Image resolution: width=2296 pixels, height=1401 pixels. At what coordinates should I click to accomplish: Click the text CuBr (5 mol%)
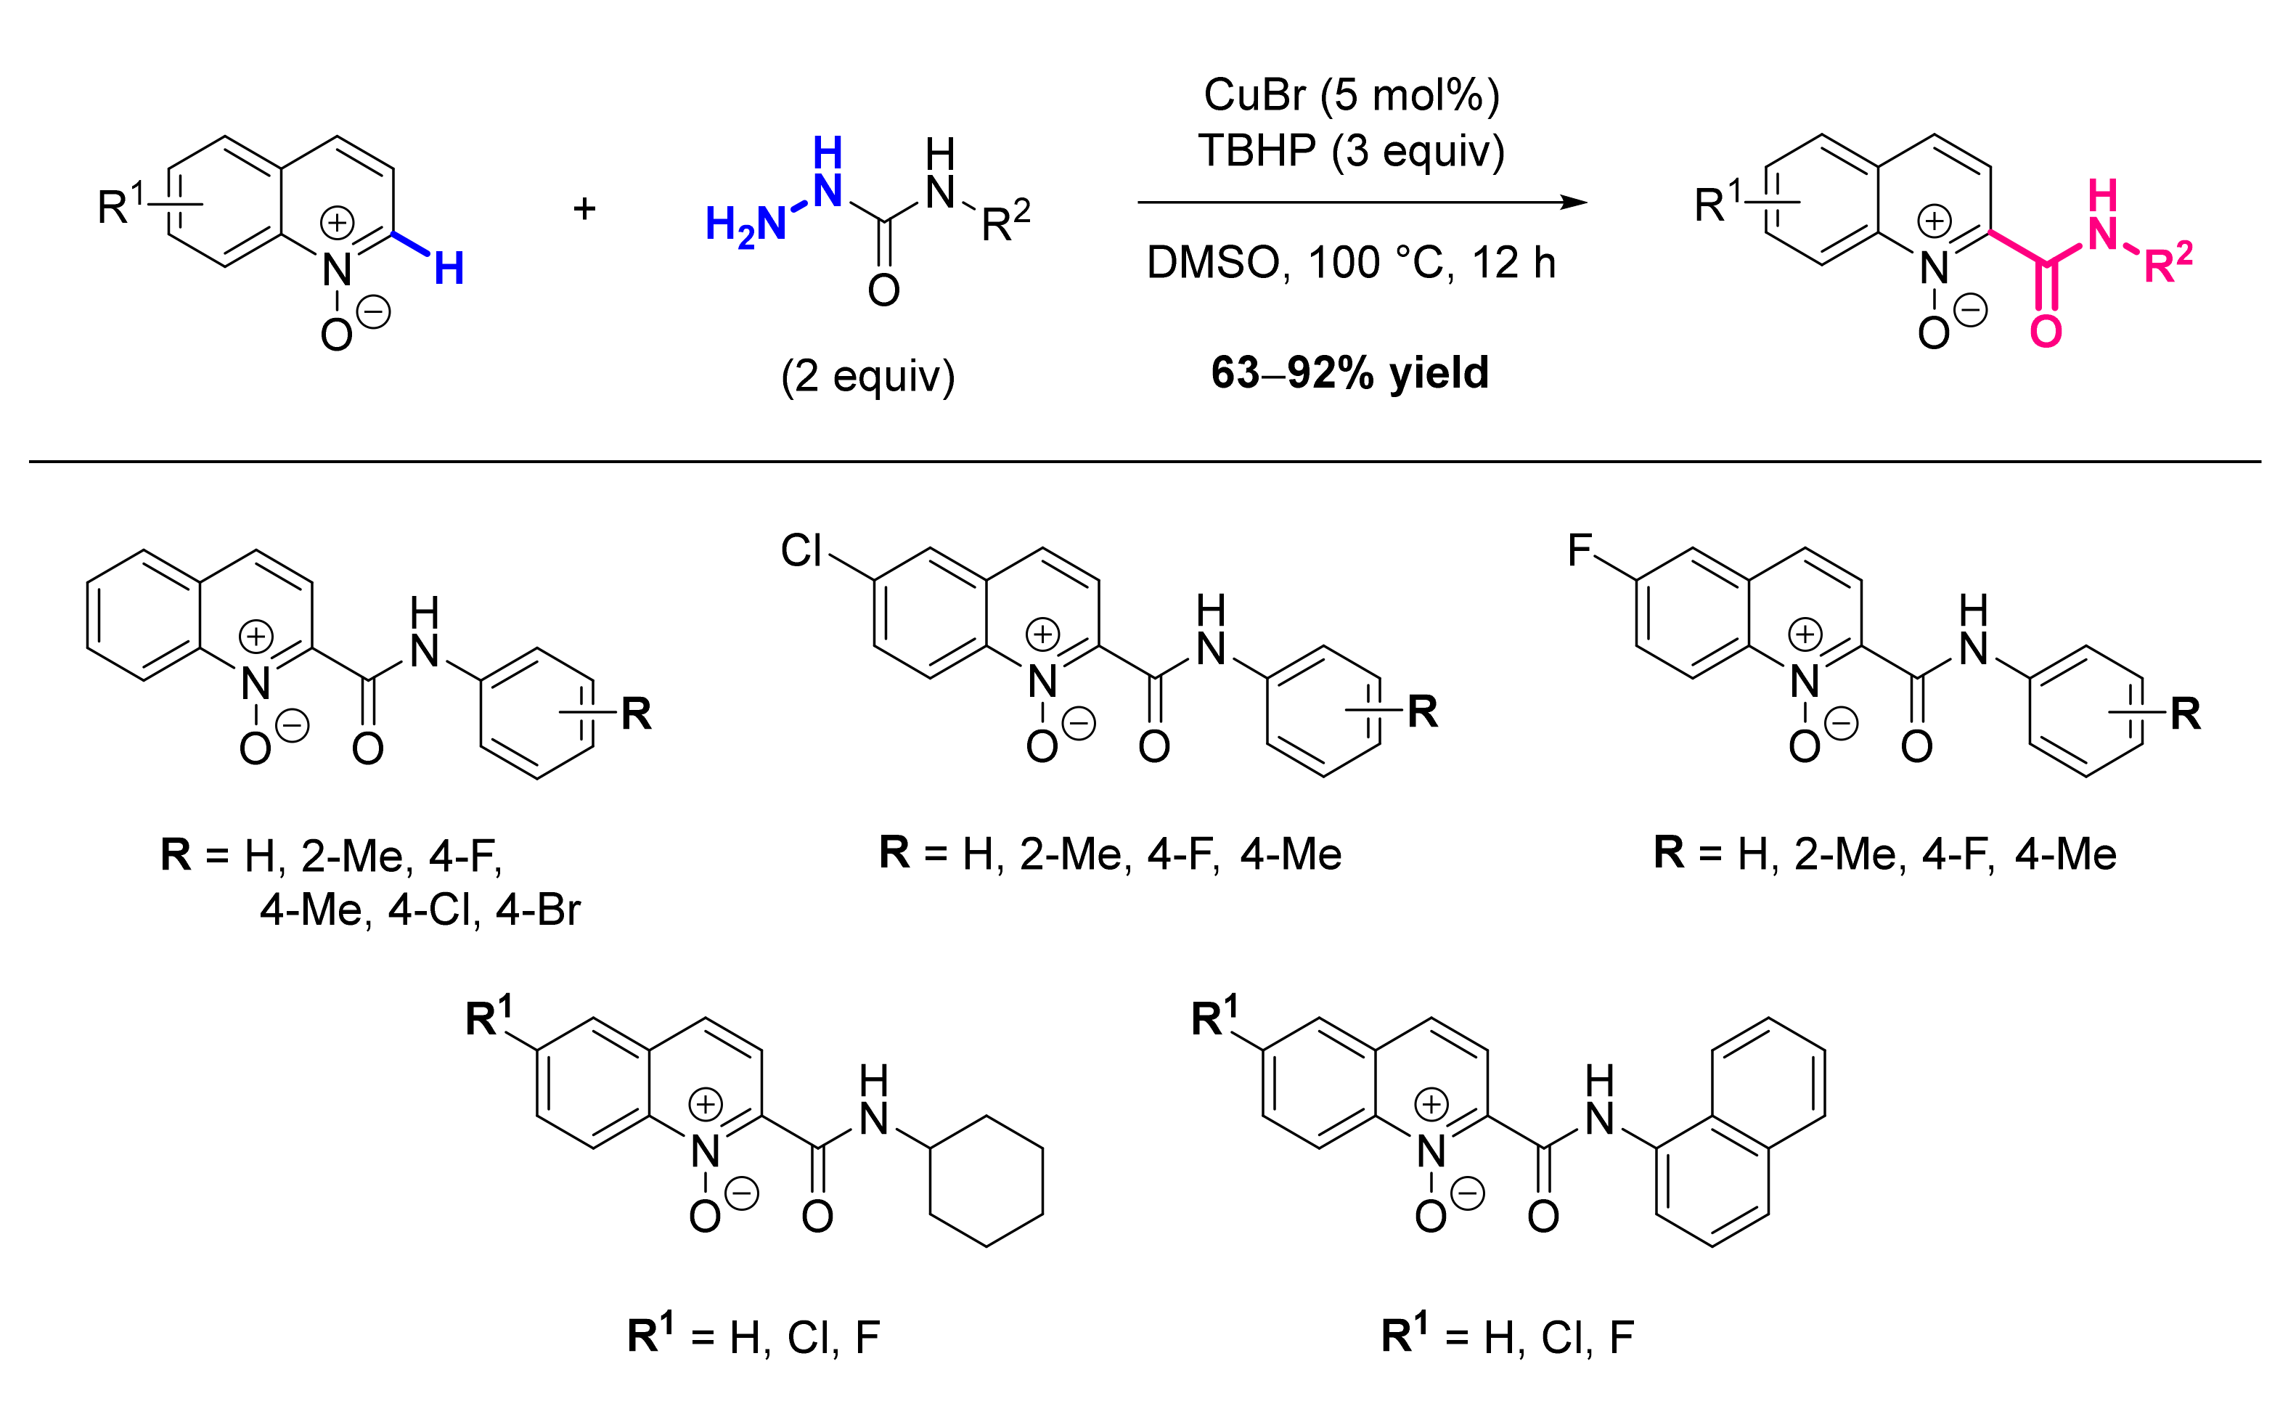1350,95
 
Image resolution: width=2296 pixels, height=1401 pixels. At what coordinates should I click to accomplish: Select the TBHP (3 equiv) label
1350,151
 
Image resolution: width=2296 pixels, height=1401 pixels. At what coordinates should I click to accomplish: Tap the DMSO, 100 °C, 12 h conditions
1350,263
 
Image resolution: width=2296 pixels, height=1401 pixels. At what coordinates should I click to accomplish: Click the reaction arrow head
1574,203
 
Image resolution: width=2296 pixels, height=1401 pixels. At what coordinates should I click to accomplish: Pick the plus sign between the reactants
584,208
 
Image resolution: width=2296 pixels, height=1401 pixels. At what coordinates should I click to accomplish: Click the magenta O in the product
2046,332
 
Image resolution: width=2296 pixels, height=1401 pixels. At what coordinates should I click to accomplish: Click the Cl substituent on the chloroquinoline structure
801,551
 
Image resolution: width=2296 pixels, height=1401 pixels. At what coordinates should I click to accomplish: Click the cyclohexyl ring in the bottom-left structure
986,1181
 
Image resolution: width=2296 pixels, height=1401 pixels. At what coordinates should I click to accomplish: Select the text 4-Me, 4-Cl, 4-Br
420,910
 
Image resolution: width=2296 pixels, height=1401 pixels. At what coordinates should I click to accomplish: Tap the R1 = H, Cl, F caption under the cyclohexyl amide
753,1336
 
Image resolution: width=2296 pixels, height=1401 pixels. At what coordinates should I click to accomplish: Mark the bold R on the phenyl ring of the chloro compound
1422,712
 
